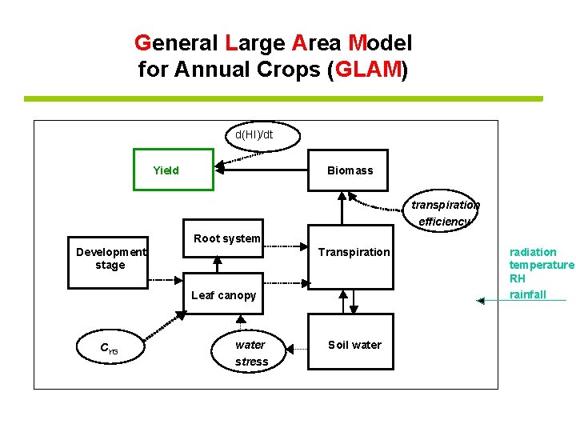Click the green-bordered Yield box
point(174,170)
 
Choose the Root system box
point(223,238)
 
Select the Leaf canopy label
point(224,295)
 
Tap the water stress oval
point(250,353)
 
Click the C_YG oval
point(109,347)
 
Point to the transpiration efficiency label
point(445,213)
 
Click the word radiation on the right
point(533,252)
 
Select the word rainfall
point(528,294)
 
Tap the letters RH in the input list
point(518,279)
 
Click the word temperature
point(542,266)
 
